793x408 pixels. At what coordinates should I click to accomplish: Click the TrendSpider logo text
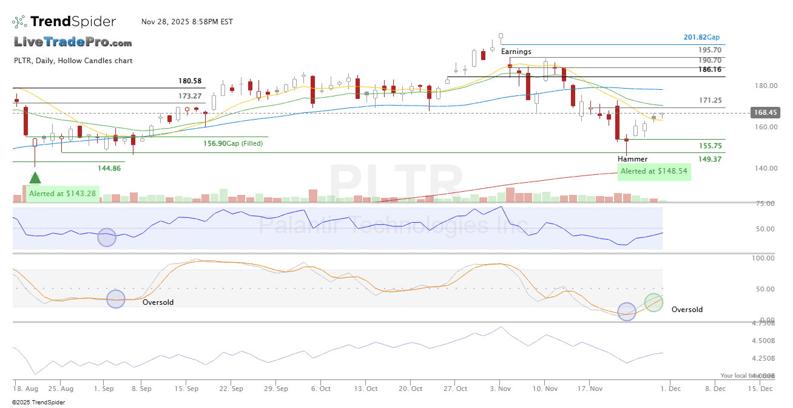tap(73, 22)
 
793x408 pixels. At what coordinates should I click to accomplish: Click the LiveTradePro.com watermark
tap(73, 42)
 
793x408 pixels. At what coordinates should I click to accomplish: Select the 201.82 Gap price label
tap(701, 37)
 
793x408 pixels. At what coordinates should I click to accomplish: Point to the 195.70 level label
tap(709, 50)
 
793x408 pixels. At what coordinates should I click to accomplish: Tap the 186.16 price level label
tap(709, 70)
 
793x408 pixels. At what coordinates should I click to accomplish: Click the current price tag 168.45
tap(764, 112)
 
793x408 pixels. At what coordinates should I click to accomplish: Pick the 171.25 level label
tap(709, 100)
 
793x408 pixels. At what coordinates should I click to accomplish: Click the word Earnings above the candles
tap(516, 52)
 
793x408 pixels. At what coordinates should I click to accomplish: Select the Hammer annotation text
tap(632, 159)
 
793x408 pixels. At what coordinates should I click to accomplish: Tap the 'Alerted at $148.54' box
tap(654, 171)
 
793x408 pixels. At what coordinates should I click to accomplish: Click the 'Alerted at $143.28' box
tap(62, 194)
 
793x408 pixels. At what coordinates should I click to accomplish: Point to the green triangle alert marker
tap(35, 178)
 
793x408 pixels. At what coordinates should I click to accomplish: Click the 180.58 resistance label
tap(190, 81)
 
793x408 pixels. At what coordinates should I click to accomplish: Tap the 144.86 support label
tap(109, 168)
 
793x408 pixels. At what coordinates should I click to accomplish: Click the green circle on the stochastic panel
tap(653, 302)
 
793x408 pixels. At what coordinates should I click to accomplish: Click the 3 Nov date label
tap(500, 389)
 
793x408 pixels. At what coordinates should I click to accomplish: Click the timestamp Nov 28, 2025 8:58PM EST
tap(187, 22)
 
